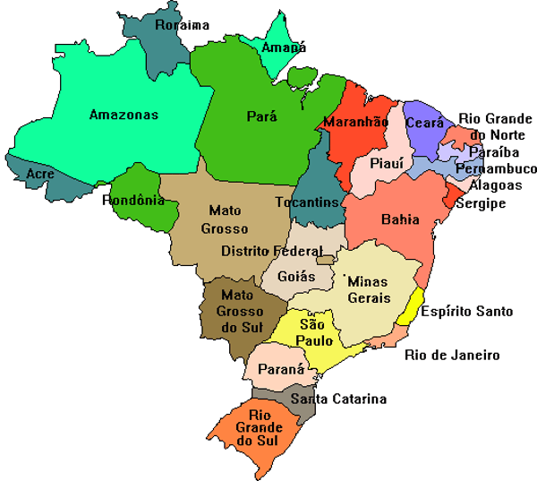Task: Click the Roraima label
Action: (x=182, y=25)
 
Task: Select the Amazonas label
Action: (x=124, y=115)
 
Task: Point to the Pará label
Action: (x=261, y=116)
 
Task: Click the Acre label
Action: (x=39, y=173)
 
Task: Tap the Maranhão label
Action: (x=356, y=121)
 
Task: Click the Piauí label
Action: (x=387, y=162)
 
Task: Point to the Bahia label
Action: (x=399, y=219)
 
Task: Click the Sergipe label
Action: (x=481, y=203)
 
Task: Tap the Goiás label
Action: (x=296, y=278)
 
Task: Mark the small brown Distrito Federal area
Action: (x=326, y=260)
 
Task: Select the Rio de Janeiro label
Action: (x=452, y=355)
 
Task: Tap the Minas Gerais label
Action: (x=367, y=289)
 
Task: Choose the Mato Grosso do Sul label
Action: (x=237, y=310)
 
